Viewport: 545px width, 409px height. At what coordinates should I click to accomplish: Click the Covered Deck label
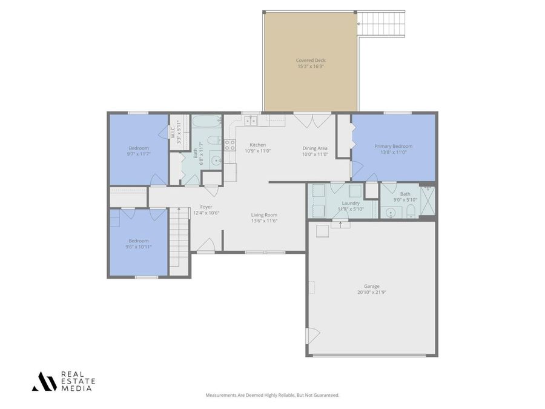[310, 60]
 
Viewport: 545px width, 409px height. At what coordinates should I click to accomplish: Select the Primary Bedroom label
[393, 146]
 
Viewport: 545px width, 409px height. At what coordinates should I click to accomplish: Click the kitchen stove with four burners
[230, 144]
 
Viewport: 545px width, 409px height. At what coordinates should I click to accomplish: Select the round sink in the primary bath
[391, 213]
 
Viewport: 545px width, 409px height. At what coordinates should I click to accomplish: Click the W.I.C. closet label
[173, 129]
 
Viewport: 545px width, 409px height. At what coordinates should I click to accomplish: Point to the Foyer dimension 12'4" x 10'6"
[206, 213]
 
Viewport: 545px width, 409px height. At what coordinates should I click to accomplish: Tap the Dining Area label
[315, 148]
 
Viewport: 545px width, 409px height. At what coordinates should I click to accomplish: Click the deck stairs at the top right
[381, 24]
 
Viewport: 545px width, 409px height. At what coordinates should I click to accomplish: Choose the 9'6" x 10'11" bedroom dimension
[139, 247]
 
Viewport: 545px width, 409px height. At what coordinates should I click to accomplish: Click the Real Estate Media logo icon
[44, 381]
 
